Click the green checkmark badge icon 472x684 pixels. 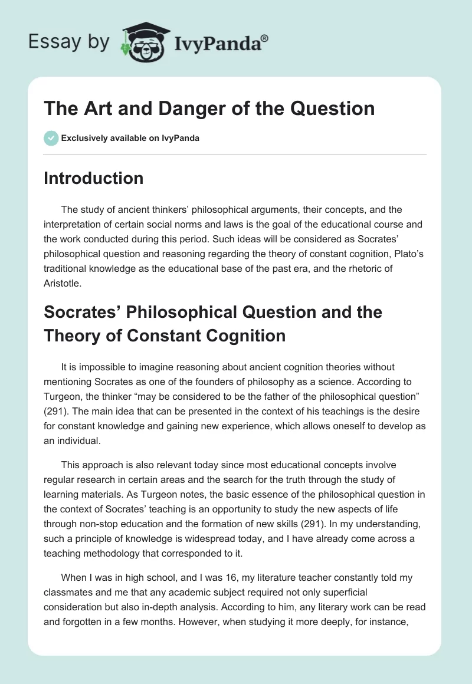tap(50, 139)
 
